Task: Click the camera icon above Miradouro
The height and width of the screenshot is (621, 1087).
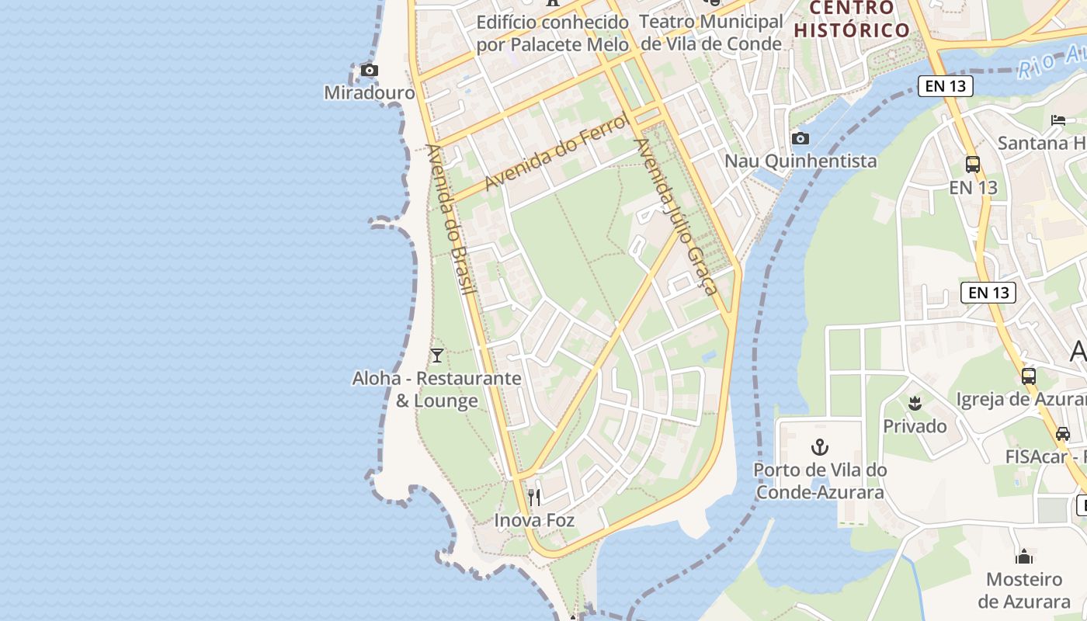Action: point(370,71)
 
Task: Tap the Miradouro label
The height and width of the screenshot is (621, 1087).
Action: point(370,93)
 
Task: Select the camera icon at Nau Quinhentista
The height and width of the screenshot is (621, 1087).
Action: point(800,139)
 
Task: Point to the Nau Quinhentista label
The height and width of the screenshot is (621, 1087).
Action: point(800,161)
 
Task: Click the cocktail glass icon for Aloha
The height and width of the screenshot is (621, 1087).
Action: point(437,356)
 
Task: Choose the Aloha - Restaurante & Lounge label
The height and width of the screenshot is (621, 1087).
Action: point(437,390)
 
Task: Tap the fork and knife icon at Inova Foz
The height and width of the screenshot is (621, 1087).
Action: point(534,497)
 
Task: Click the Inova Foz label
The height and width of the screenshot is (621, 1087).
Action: point(534,520)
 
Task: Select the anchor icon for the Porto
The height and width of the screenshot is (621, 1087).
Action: point(820,447)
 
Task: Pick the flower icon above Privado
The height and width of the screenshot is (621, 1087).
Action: point(915,403)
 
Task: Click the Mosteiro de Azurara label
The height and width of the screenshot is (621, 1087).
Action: point(1024,590)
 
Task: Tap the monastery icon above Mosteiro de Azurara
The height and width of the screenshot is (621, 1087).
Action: point(1024,557)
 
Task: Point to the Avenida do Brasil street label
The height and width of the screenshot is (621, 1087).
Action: point(450,220)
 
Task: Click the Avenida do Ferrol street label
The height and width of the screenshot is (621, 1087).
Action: point(556,152)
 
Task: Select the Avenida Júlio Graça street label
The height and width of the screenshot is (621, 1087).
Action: point(675,217)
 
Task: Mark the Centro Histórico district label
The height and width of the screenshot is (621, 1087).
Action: point(852,19)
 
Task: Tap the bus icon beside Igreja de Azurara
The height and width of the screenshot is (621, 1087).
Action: point(1029,376)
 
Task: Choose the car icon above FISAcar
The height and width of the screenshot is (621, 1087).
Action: point(1063,434)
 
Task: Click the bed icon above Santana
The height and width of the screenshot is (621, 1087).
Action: point(1058,120)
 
